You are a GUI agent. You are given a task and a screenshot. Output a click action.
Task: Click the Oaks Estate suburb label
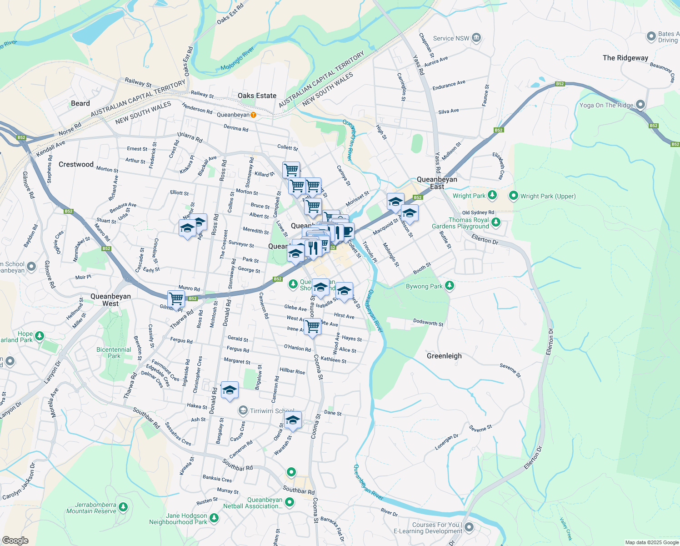[x=257, y=96]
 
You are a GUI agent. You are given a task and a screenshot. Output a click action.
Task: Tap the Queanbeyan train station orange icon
[x=254, y=115]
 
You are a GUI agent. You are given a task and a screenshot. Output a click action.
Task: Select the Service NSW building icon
[x=476, y=38]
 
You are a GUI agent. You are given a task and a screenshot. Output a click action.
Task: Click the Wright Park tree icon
[x=492, y=196]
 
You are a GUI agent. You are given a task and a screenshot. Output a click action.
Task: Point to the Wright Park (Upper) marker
[x=514, y=196]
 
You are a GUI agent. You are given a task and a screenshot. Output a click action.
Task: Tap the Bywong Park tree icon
[x=450, y=286]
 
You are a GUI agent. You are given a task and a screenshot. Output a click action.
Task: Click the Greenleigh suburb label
[x=444, y=356]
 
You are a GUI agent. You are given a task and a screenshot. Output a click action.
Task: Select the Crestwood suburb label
[x=76, y=164]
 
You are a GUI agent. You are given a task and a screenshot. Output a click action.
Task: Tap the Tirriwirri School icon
[x=243, y=411]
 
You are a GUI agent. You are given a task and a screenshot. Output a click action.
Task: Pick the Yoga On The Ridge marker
[x=640, y=105]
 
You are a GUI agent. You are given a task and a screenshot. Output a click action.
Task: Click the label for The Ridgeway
[x=625, y=58]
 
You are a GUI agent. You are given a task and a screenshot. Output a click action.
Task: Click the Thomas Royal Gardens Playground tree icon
[x=496, y=222]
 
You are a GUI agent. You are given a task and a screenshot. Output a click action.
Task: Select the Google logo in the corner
[x=15, y=540]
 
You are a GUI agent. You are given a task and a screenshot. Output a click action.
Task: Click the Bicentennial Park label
[x=114, y=353]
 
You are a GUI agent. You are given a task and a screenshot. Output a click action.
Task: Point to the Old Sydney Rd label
[x=478, y=212]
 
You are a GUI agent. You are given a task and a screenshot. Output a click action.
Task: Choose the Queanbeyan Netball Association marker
[x=290, y=502]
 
